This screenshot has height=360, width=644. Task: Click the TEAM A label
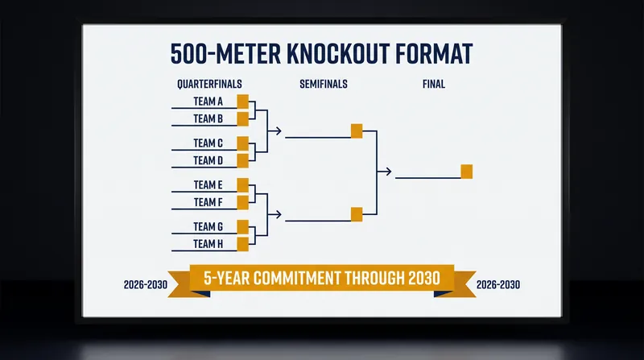pos(208,101)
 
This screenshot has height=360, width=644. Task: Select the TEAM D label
pos(208,160)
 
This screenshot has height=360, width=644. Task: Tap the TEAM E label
pos(208,185)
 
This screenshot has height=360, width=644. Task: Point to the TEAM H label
pos(208,244)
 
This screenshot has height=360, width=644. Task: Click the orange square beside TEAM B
pos(243,118)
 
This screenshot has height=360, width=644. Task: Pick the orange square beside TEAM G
pos(243,227)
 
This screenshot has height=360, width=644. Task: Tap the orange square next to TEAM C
pos(243,143)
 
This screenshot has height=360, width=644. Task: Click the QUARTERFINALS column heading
pos(209,84)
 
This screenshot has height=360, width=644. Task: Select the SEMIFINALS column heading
pos(324,84)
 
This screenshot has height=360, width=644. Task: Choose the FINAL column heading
pos(434,84)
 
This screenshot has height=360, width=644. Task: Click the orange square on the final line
pos(467,172)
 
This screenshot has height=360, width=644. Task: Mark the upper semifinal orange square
pos(357,131)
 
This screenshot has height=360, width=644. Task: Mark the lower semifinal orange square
pos(357,214)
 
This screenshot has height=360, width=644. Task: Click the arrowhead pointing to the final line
pos(388,172)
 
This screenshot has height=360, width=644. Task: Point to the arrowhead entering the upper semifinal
pos(278,131)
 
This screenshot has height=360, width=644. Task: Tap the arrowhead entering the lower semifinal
pos(278,214)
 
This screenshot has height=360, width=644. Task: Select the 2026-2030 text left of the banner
pos(146,284)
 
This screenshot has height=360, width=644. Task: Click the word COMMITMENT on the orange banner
pos(297,278)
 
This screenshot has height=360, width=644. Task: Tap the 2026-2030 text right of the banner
pos(497,284)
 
